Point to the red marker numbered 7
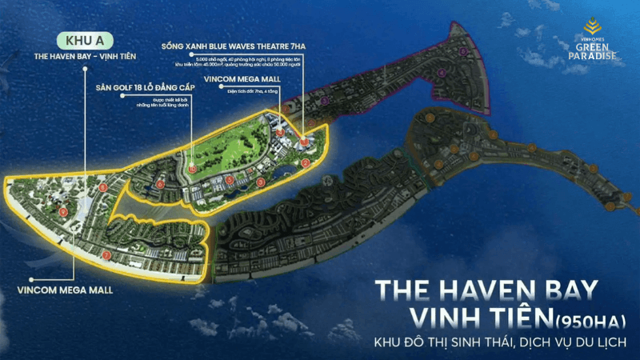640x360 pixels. (x=107, y=255)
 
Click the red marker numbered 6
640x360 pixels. (x=161, y=184)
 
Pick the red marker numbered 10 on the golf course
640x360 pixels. (x=192, y=168)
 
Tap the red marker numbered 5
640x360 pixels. (x=230, y=179)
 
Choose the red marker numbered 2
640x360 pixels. (x=305, y=163)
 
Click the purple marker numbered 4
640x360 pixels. (x=442, y=73)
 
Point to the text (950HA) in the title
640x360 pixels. (x=578, y=322)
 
